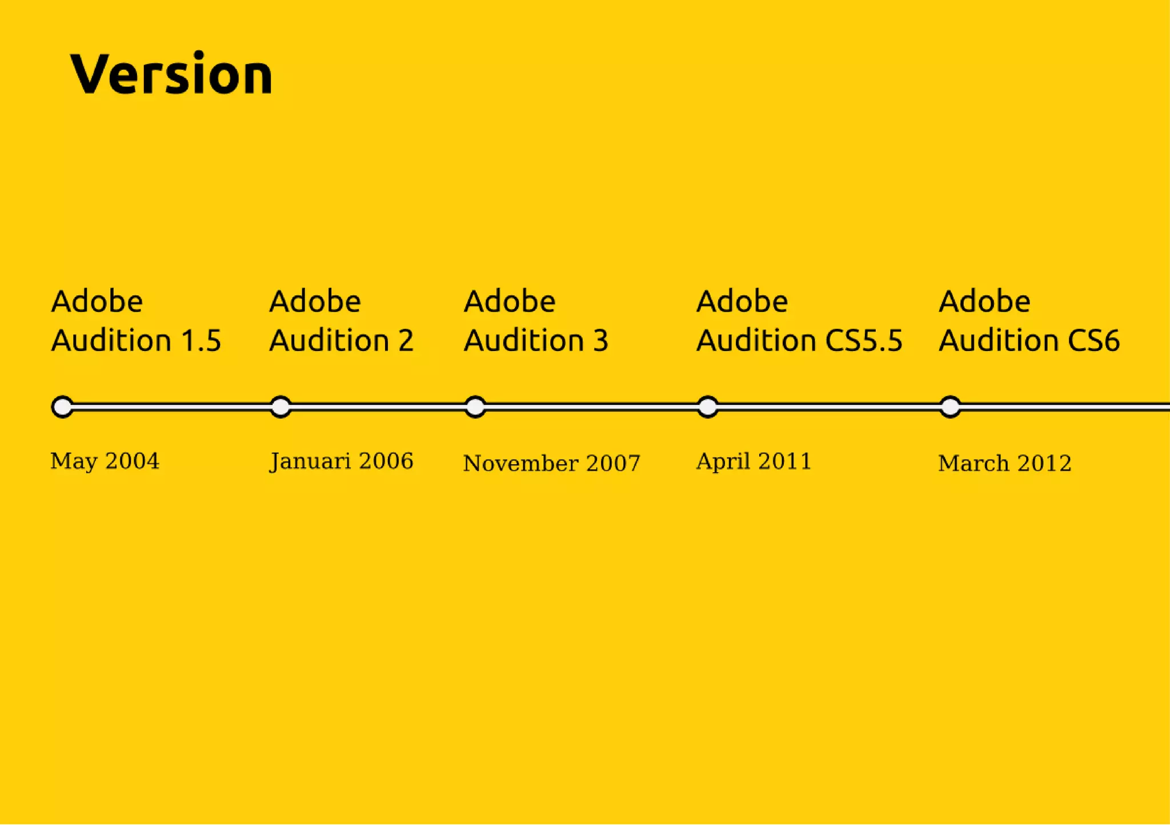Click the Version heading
(171, 74)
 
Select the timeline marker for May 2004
(62, 407)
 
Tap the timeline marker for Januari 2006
(281, 407)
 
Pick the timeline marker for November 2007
(475, 407)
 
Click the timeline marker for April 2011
(708, 407)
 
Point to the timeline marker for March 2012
(950, 407)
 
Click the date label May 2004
(105, 461)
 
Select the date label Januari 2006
(341, 461)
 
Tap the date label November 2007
(551, 463)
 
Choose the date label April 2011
(754, 461)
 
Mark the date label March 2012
(1004, 463)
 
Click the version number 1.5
(201, 341)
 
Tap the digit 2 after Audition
(406, 341)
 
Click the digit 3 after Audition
(600, 341)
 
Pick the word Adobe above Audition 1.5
(97, 301)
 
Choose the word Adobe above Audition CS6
(984, 301)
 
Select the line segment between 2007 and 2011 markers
(591, 407)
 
